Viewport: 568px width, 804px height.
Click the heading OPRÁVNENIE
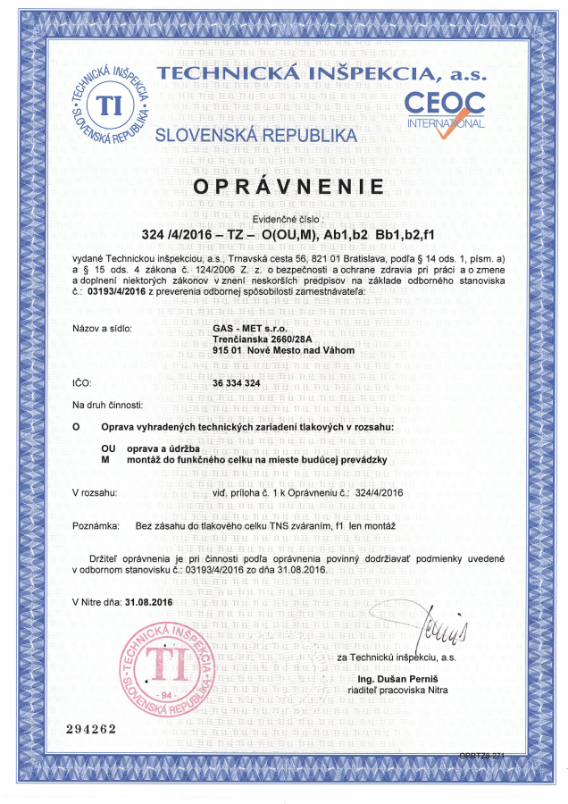pos(283,188)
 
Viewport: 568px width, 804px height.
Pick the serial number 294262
pos(92,729)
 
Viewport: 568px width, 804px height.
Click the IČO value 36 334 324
pos(237,382)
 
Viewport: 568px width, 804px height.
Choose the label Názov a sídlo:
pos(102,329)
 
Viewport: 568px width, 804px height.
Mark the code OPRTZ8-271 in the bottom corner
pos(483,756)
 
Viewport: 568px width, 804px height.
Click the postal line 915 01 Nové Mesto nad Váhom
pos(284,350)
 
